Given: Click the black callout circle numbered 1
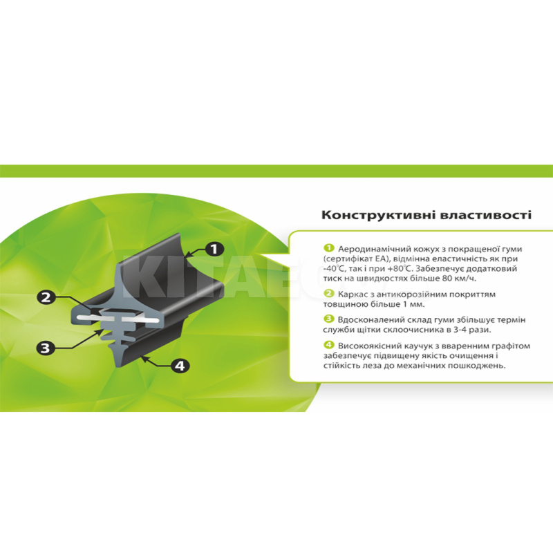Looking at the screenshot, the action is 214,250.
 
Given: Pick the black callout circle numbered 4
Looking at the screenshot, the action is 180,366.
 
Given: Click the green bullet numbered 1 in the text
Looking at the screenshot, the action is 329,248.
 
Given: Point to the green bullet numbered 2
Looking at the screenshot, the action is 329,293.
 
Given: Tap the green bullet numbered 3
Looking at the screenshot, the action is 329,319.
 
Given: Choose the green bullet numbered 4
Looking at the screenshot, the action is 329,345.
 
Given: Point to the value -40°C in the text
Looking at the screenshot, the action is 332,269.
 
